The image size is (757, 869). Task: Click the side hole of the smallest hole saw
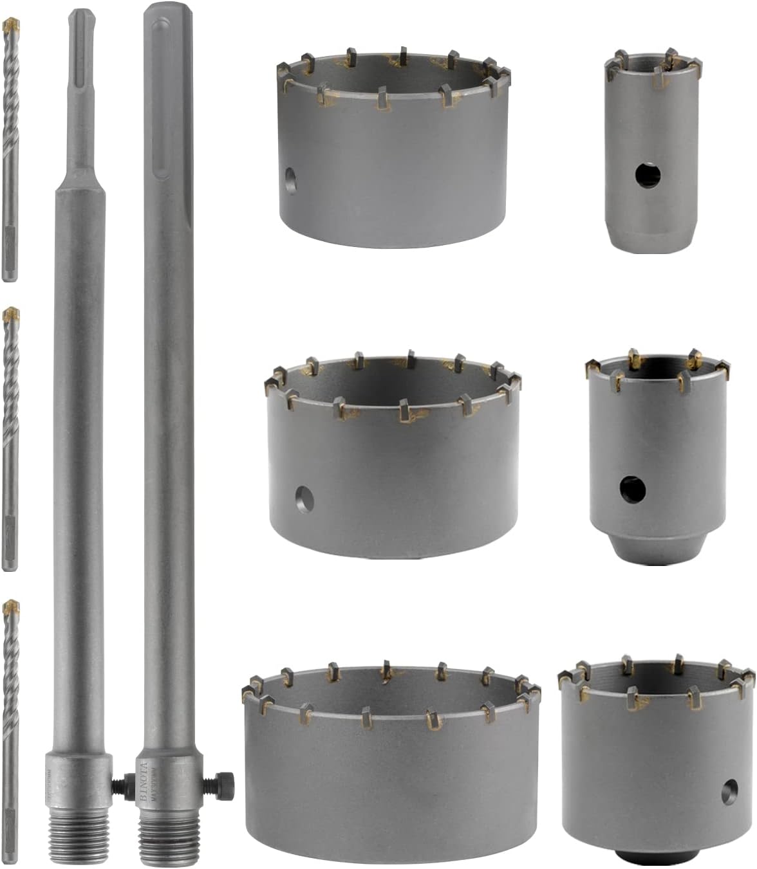click(644, 174)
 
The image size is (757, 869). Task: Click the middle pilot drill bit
click(10, 437)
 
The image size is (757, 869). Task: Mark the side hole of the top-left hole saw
click(289, 181)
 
